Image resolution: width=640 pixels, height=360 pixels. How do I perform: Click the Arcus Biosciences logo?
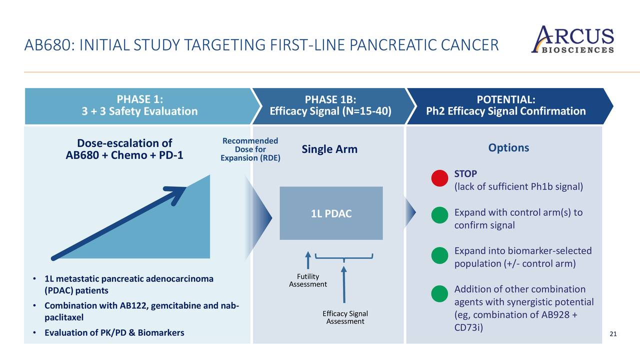click(572, 39)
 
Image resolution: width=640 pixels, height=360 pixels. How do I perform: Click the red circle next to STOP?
click(438, 179)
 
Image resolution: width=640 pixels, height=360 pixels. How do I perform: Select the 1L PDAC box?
click(331, 213)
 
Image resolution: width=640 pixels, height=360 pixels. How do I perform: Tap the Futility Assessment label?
click(308, 280)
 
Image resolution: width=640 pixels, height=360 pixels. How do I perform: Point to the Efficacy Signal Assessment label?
click(345, 317)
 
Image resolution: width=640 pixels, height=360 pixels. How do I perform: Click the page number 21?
click(614, 333)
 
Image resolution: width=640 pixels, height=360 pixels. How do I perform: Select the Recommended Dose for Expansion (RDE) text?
click(250, 149)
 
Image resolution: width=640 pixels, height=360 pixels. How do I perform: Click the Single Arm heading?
click(329, 149)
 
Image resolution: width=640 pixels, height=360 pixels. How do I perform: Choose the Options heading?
click(508, 147)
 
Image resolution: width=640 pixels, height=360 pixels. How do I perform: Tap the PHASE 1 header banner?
click(139, 105)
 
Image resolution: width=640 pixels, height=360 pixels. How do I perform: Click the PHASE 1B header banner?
click(330, 105)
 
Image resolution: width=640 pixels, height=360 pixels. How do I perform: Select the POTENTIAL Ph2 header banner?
click(505, 105)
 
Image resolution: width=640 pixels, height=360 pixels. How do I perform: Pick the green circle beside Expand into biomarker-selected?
click(438, 254)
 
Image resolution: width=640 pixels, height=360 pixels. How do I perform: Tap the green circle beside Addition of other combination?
click(438, 293)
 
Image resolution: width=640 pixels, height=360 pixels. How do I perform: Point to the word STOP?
click(465, 173)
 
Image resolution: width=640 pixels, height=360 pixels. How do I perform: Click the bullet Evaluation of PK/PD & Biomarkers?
click(114, 332)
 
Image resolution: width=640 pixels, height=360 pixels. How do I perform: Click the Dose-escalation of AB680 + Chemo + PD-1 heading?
click(124, 148)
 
